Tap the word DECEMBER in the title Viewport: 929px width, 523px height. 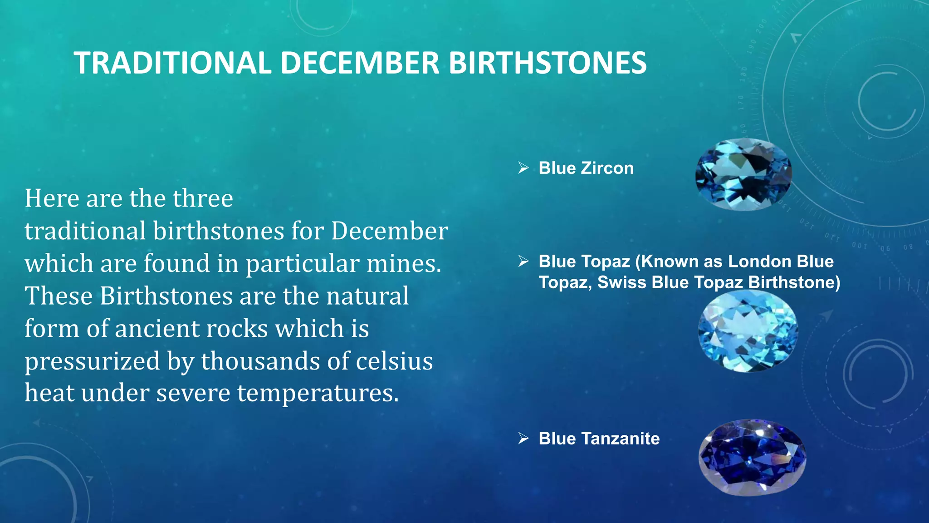pos(360,63)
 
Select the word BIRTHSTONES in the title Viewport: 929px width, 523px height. pos(547,63)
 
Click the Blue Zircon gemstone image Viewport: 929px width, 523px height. pos(744,175)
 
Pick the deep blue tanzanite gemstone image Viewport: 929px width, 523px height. pos(752,457)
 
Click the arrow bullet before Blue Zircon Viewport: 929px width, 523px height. pos(523,168)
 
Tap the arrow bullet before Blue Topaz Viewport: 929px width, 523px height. pos(523,261)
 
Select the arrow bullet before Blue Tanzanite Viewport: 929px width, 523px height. pos(523,439)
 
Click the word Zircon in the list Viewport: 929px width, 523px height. pos(607,168)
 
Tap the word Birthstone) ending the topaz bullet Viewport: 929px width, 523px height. pos(794,282)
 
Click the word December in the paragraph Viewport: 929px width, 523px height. pos(389,231)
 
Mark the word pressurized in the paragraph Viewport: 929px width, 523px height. pos(92,361)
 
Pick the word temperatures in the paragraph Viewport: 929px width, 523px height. pos(318,393)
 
